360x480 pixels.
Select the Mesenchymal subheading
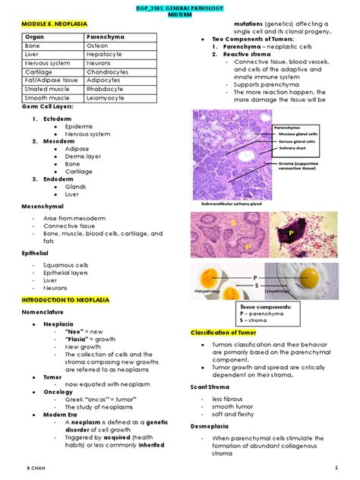[x=43, y=205]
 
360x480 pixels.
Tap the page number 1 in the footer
[x=335, y=469]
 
